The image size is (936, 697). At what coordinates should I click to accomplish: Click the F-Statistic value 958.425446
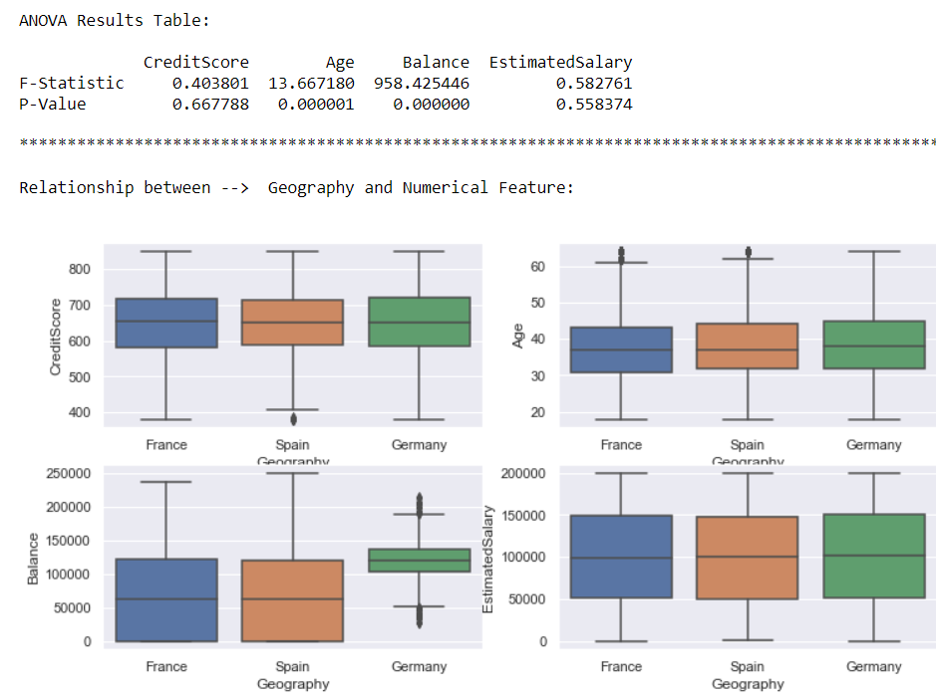pyautogui.click(x=421, y=83)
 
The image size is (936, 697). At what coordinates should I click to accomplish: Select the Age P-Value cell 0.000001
pyautogui.click(x=315, y=104)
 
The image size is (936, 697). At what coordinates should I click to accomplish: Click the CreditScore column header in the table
pyautogui.click(x=195, y=62)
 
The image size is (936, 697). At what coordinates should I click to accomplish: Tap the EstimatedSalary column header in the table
pyautogui.click(x=560, y=62)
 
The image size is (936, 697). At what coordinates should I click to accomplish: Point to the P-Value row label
pyautogui.click(x=53, y=104)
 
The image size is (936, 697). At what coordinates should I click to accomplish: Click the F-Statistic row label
pyautogui.click(x=72, y=83)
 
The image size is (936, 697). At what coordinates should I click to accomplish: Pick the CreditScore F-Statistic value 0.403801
pyautogui.click(x=210, y=83)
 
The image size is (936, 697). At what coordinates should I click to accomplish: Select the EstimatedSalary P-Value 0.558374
pyautogui.click(x=593, y=104)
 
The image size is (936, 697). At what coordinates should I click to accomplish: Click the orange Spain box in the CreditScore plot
pyautogui.click(x=293, y=322)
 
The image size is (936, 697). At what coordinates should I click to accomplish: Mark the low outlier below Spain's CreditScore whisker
pyautogui.click(x=293, y=418)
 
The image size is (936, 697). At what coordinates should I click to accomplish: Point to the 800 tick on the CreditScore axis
pyautogui.click(x=80, y=269)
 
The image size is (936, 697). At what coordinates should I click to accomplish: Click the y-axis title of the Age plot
pyautogui.click(x=517, y=339)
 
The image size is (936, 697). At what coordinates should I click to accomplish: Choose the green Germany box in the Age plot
pyautogui.click(x=873, y=345)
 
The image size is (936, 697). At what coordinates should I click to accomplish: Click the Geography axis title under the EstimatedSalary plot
pyautogui.click(x=748, y=684)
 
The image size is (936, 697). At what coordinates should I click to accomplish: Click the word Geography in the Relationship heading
pyautogui.click(x=310, y=187)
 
